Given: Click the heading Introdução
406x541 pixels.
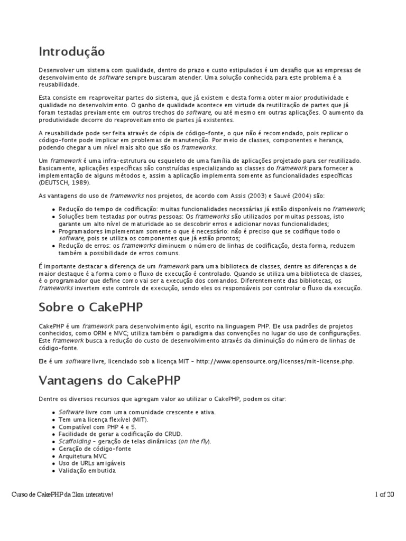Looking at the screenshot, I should pyautogui.click(x=71, y=52).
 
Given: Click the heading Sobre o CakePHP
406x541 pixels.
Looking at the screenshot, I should pyautogui.click(x=90, y=307).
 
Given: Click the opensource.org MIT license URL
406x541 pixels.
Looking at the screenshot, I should pyautogui.click(x=275, y=361).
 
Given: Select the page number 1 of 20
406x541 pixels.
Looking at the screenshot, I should pyautogui.click(x=383, y=494).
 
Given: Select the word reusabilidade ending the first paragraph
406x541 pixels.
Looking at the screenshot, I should pyautogui.click(x=59, y=84).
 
